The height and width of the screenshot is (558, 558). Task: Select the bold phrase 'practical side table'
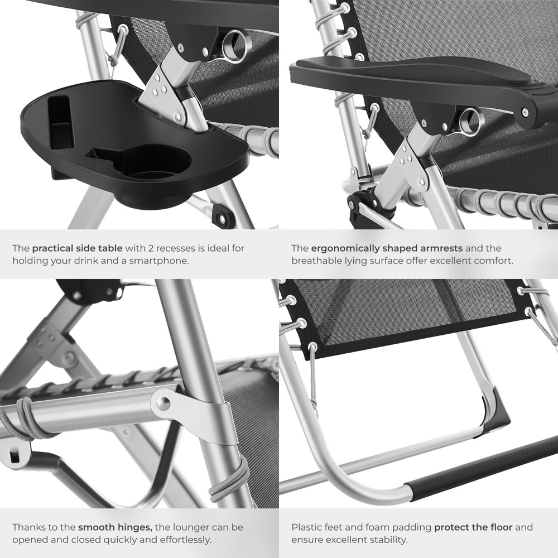pos(77,248)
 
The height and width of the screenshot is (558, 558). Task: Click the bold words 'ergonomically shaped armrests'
pos(387,248)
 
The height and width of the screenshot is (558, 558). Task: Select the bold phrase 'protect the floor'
pos(473,527)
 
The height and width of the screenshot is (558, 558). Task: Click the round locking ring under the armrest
pos(470,121)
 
